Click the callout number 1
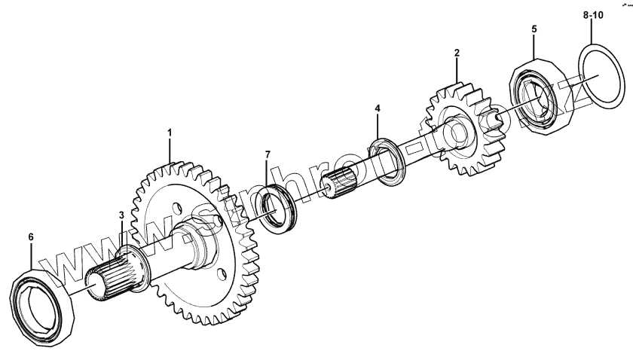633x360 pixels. [x=170, y=133]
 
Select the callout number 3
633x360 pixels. [x=121, y=215]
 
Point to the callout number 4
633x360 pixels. [x=378, y=109]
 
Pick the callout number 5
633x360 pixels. [x=534, y=29]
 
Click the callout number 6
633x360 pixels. [x=31, y=236]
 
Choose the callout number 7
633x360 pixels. [x=267, y=155]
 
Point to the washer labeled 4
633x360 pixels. [x=392, y=160]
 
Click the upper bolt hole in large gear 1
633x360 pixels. [x=176, y=205]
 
